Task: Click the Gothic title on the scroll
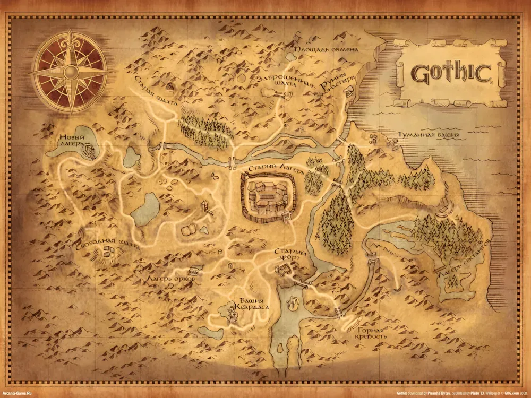[450, 74]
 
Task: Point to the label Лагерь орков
[171, 278]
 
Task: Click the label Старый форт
[290, 256]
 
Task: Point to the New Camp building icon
[90, 151]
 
